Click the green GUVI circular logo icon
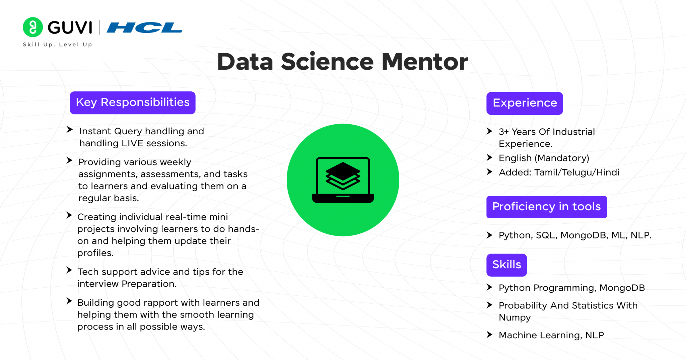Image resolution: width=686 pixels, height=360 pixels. [32, 27]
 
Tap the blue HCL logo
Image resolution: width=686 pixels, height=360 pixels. [144, 27]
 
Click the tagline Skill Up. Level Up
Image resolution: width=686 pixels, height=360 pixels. [57, 45]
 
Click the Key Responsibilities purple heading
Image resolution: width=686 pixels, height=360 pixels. [132, 102]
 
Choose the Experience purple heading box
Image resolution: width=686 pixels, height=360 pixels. [525, 103]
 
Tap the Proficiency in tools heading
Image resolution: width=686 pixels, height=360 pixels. [546, 207]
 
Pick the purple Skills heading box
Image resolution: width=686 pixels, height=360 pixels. [506, 265]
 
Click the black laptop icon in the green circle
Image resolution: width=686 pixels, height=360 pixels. [343, 180]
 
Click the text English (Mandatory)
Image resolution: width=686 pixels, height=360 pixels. [544, 158]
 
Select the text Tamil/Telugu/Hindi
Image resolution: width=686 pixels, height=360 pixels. [576, 172]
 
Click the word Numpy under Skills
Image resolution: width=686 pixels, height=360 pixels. [514, 317]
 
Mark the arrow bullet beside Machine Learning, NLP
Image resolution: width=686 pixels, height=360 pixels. [489, 335]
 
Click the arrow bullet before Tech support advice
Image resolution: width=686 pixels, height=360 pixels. [69, 270]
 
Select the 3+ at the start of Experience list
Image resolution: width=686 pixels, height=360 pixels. [503, 132]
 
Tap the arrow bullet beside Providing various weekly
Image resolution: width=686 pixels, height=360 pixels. [69, 160]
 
